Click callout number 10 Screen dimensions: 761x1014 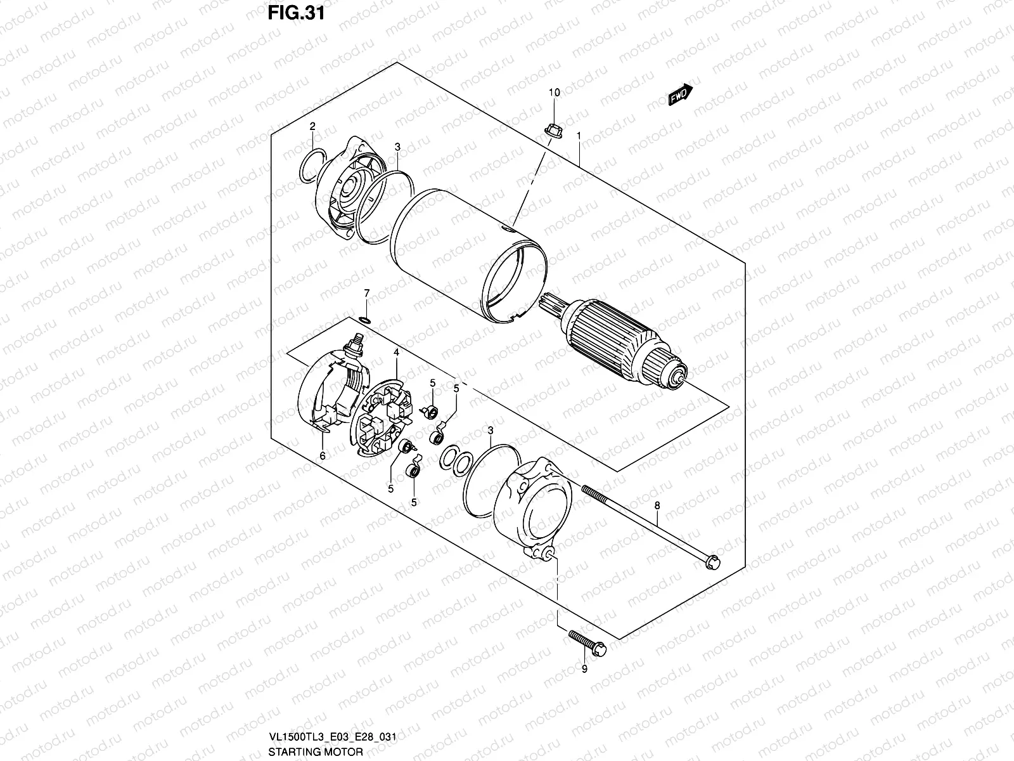pos(554,93)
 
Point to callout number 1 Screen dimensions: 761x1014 pos(579,136)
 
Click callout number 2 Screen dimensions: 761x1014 pos(312,127)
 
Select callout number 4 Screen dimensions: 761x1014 pos(395,351)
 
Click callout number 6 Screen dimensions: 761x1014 pos(322,455)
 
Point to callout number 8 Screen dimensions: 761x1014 pos(657,505)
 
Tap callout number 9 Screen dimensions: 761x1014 pos(584,669)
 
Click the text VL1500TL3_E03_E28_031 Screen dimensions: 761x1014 pos(333,738)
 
